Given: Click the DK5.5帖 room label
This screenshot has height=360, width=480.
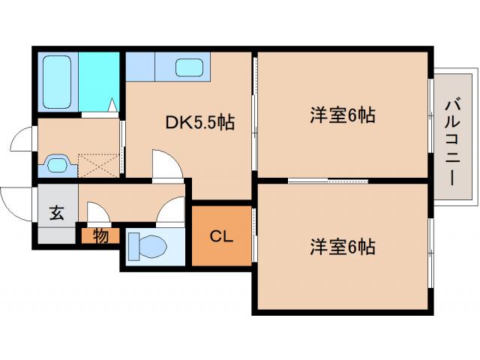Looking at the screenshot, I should pyautogui.click(x=200, y=122).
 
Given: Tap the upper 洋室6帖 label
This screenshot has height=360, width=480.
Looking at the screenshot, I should pyautogui.click(x=343, y=115).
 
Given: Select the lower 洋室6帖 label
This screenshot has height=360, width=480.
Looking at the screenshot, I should pyautogui.click(x=343, y=245).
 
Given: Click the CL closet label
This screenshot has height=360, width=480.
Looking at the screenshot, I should pyautogui.click(x=221, y=238).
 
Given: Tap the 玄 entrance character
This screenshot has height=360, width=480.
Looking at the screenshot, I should pyautogui.click(x=57, y=212).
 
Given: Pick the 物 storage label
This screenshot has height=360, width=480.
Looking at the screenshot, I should pyautogui.click(x=100, y=235).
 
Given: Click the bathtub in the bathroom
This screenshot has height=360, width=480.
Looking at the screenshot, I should pyautogui.click(x=57, y=81).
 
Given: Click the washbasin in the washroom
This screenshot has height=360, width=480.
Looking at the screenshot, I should pyautogui.click(x=57, y=162).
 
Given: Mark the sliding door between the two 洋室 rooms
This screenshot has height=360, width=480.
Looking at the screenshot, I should pyautogui.click(x=328, y=181).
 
